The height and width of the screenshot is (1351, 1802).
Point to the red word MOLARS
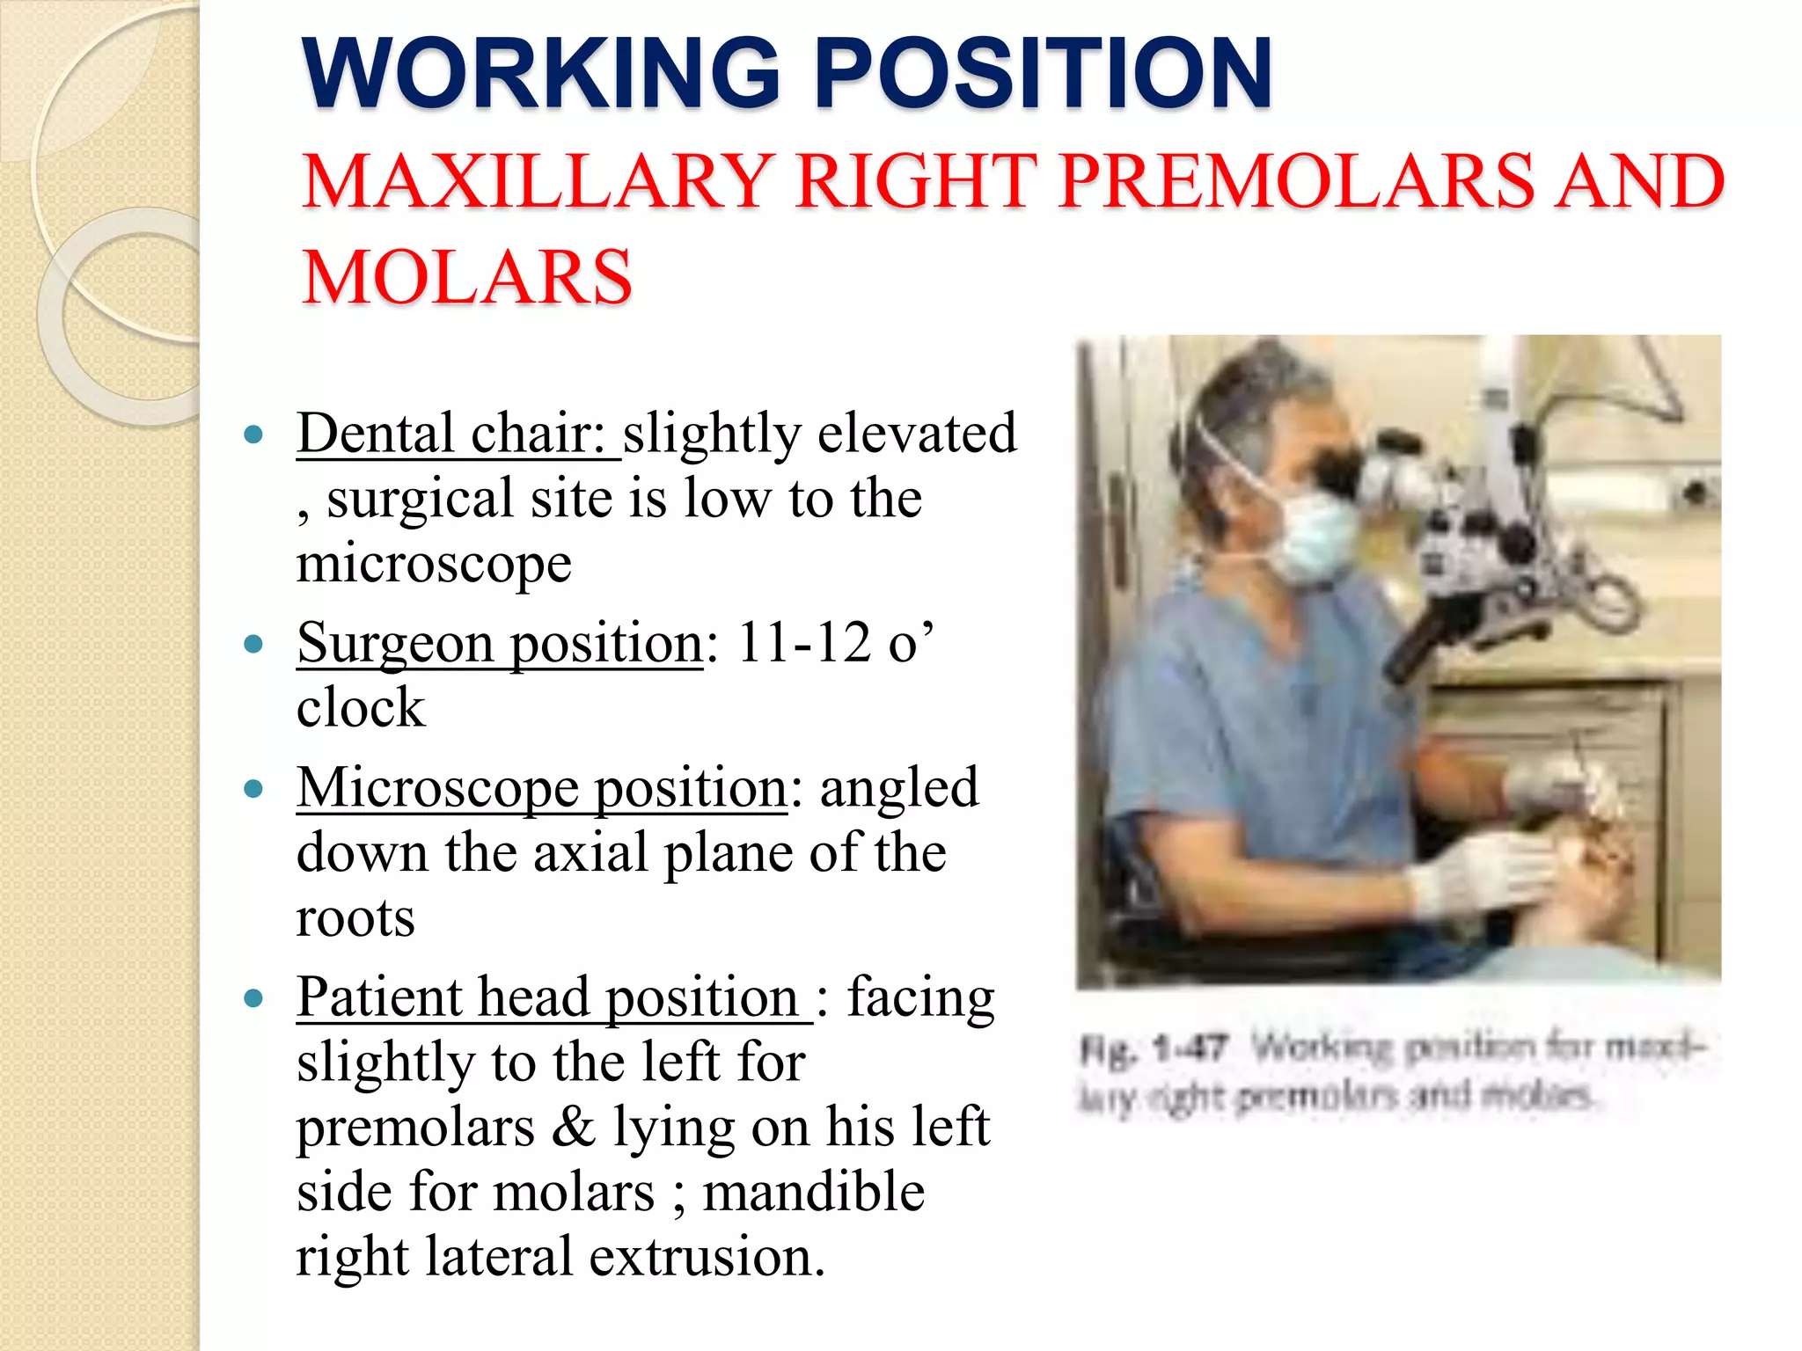(x=466, y=277)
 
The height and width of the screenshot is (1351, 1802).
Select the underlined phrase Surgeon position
(x=500, y=643)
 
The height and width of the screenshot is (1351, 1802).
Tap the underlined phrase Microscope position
(x=541, y=787)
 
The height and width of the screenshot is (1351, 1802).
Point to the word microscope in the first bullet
(x=434, y=563)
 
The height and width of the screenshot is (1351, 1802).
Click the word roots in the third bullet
(x=355, y=918)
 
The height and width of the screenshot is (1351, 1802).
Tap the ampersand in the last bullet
(x=573, y=1127)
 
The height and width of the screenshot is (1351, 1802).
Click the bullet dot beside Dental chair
(x=254, y=435)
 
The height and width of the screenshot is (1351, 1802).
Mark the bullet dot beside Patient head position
(x=254, y=999)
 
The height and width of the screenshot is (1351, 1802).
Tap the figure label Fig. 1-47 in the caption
(x=1154, y=1048)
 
